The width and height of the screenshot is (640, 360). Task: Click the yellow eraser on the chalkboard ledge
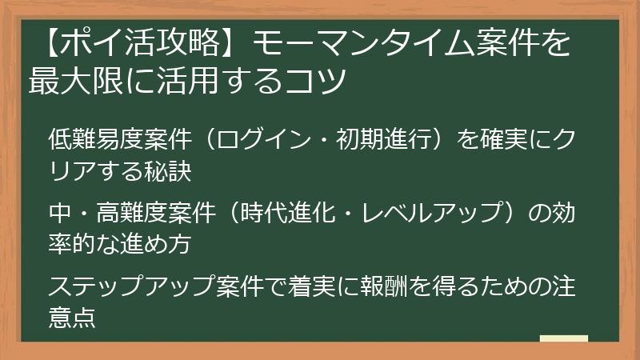tap(563, 339)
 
